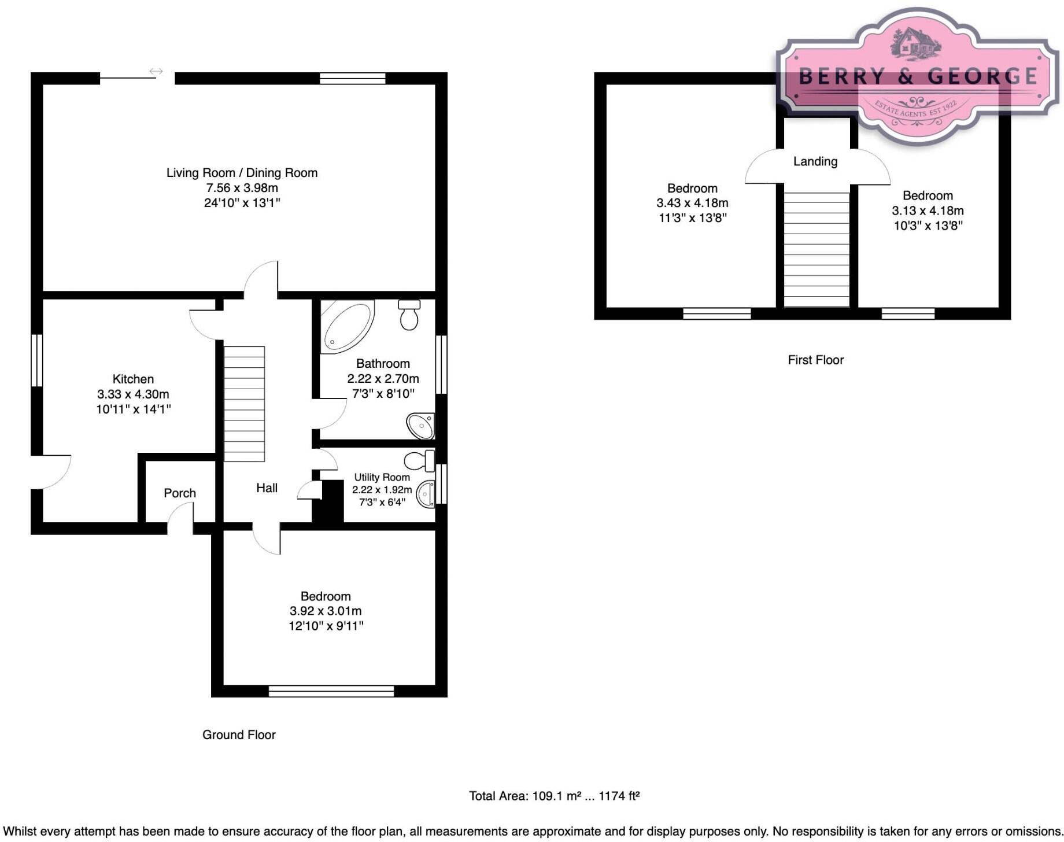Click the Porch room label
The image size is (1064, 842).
coord(180,493)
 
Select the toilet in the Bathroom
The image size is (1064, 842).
coord(409,315)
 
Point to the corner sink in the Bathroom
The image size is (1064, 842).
coord(421,426)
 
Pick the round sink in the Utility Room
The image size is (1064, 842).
coord(426,494)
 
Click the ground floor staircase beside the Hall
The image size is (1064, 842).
coord(244,404)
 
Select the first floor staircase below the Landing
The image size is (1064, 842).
coord(816,249)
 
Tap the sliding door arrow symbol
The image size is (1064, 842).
coord(156,71)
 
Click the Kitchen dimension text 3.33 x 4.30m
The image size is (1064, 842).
coord(133,394)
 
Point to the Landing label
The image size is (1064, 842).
coord(815,161)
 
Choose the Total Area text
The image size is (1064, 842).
coord(554,796)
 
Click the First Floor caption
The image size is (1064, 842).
coord(815,360)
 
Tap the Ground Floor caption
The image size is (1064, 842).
coord(239,735)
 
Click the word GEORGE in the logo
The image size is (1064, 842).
coord(982,76)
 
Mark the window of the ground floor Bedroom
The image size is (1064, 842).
coord(331,691)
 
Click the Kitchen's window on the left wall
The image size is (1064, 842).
coord(36,360)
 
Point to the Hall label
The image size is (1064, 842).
coord(267,488)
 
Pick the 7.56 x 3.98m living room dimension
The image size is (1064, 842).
coord(242,188)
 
